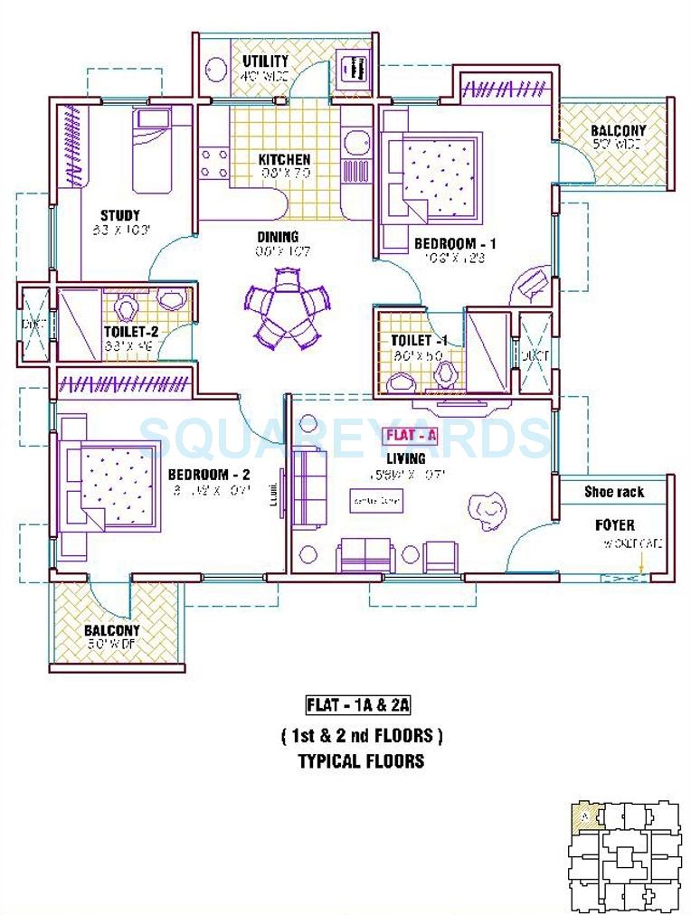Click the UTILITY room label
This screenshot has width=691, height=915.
(x=265, y=61)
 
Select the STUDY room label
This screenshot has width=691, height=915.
(x=119, y=215)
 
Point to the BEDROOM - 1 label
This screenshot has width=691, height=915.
(x=455, y=244)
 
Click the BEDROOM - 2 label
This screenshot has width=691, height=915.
(x=209, y=475)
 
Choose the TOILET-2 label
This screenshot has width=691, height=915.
(x=131, y=332)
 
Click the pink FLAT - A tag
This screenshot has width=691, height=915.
(x=412, y=435)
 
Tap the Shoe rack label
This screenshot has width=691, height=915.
(x=613, y=492)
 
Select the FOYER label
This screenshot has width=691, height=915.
(x=614, y=525)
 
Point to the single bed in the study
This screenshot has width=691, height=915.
(x=163, y=150)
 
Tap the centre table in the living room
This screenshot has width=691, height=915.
(x=376, y=500)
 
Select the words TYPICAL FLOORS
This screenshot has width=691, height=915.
(x=361, y=760)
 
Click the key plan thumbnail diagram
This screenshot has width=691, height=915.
(x=624, y=856)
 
